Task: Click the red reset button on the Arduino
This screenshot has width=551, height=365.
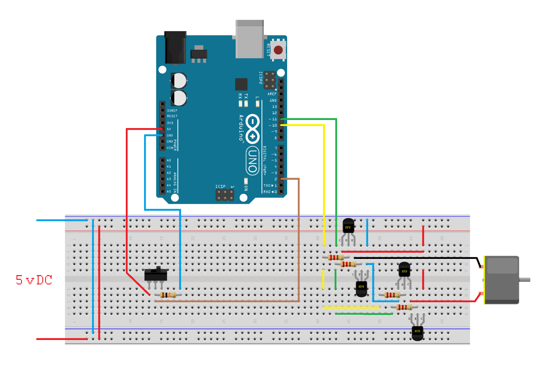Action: click(x=278, y=50)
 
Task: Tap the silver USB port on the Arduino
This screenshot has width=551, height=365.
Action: click(x=249, y=39)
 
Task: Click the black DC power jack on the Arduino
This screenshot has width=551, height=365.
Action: click(x=175, y=47)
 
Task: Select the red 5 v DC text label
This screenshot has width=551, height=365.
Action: click(x=34, y=280)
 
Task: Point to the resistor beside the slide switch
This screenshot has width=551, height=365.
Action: click(x=168, y=295)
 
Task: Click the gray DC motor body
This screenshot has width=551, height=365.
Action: click(x=502, y=280)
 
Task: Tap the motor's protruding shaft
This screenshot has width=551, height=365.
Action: click(x=525, y=279)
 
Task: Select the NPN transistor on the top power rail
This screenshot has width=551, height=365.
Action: click(x=348, y=226)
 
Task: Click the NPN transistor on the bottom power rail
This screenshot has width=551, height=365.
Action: click(x=417, y=332)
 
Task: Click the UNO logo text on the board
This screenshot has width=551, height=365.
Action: click(x=252, y=161)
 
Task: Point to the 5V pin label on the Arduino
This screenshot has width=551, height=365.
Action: click(x=169, y=129)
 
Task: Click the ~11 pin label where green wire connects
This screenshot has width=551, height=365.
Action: click(x=273, y=119)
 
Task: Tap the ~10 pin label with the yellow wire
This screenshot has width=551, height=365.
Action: click(x=273, y=125)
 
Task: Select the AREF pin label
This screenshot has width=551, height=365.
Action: click(x=272, y=94)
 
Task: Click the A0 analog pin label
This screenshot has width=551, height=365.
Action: click(x=169, y=160)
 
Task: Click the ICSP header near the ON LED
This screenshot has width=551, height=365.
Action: click(x=225, y=195)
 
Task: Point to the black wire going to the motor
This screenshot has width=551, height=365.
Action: click(x=415, y=258)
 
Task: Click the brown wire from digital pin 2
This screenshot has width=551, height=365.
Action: click(x=299, y=237)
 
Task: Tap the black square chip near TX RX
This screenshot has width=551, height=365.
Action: click(x=241, y=84)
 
